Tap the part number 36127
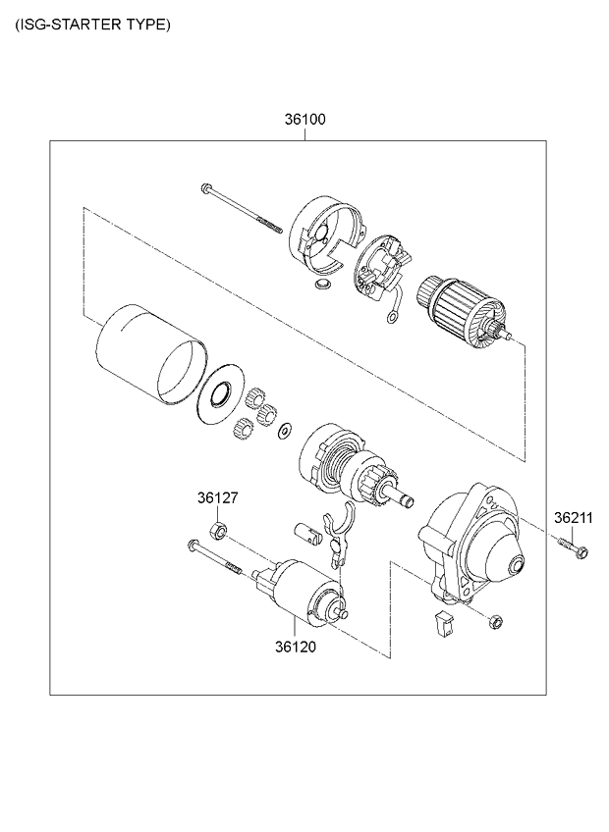click(217, 498)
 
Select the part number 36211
click(572, 517)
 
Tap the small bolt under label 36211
click(574, 545)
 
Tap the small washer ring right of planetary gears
click(285, 431)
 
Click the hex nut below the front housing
click(495, 621)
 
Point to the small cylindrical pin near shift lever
click(307, 533)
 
